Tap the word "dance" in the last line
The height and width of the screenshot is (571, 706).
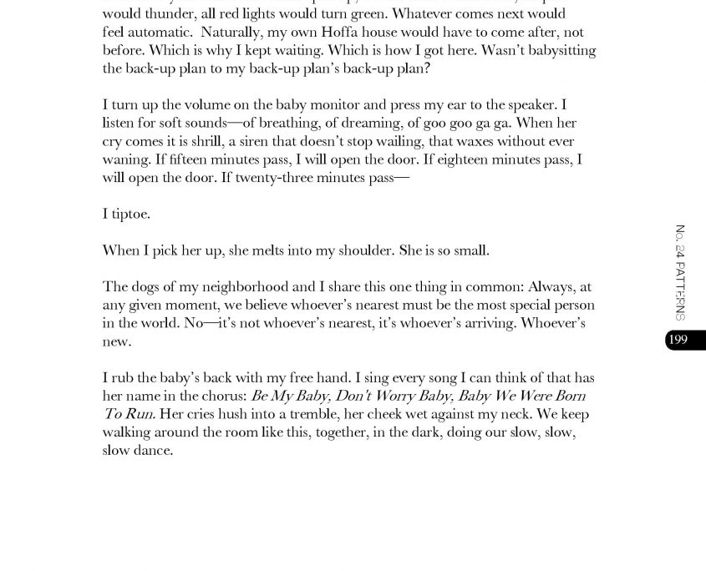[x=153, y=451]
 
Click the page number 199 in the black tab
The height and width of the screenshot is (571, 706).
[x=678, y=340]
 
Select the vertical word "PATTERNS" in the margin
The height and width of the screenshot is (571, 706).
[x=680, y=291]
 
